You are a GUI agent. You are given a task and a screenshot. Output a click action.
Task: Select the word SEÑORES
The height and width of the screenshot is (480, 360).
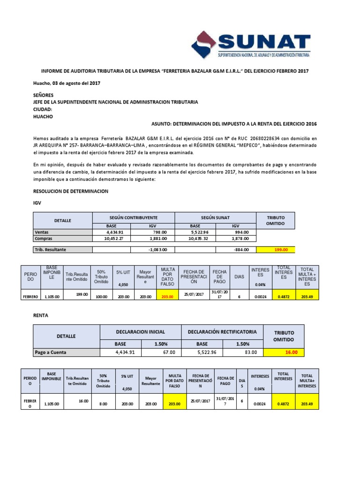[x=43, y=94]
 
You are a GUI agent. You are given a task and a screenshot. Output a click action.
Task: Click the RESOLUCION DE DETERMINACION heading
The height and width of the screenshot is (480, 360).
[x=71, y=191]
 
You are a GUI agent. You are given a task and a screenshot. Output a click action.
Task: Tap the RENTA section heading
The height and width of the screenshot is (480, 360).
[x=40, y=315]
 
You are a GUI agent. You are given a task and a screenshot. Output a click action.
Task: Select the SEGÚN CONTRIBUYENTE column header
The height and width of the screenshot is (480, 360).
[x=134, y=218]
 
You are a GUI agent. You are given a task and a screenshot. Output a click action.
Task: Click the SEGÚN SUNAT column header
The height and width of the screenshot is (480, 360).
[x=215, y=218]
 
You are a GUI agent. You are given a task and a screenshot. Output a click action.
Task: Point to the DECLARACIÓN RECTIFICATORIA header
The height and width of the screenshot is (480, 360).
[x=222, y=332]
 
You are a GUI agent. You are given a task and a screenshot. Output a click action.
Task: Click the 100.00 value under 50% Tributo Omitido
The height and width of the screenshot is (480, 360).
[x=101, y=296]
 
